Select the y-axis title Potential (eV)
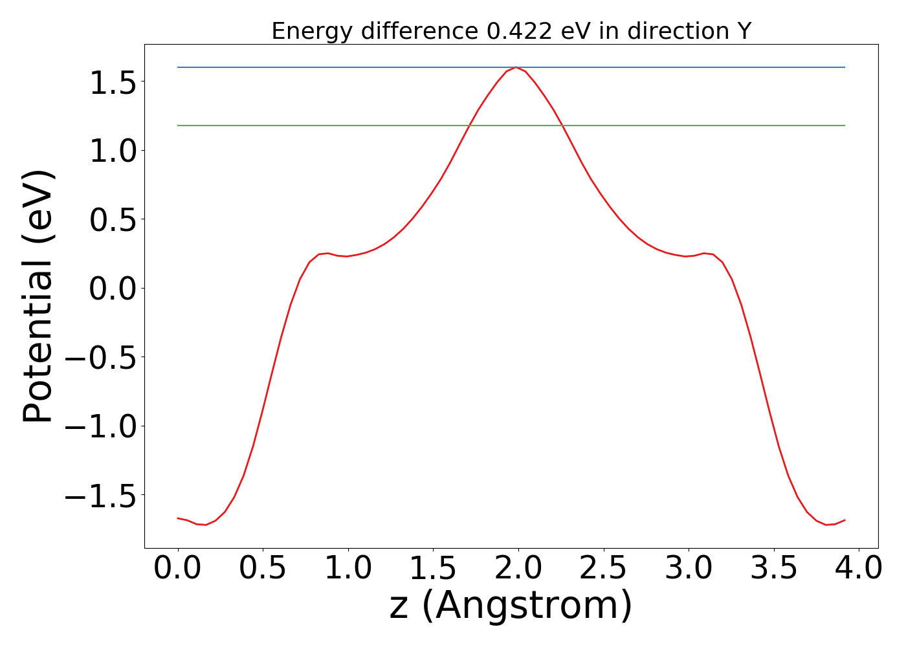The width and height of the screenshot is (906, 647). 39,296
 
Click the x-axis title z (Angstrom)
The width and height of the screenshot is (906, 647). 511,606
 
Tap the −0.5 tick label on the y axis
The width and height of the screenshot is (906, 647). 104,357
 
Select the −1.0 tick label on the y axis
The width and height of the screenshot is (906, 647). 104,426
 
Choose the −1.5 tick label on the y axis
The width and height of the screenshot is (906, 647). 104,495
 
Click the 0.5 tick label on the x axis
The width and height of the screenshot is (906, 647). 263,569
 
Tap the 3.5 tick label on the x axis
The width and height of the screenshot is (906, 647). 773,569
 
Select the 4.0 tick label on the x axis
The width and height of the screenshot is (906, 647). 858,569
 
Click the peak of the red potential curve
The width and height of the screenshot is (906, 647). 516,67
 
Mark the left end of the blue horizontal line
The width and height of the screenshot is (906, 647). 178,67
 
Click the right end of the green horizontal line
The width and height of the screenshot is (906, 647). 845,126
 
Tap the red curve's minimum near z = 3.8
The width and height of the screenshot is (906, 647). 826,525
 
